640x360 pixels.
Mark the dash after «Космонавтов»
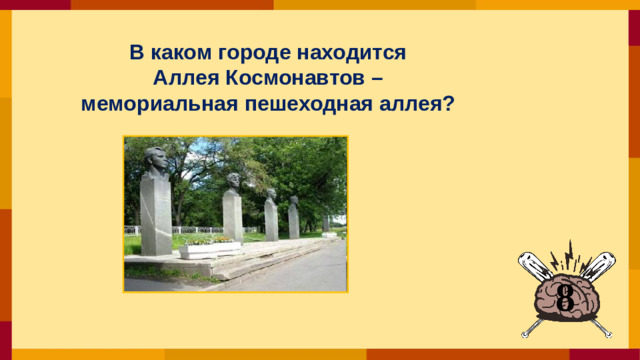(374, 77)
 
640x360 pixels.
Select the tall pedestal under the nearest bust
(155, 215)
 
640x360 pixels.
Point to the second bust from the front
(233, 183)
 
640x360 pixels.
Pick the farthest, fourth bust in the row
(293, 201)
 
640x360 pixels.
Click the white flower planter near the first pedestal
(210, 249)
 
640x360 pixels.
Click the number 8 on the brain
(565, 296)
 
